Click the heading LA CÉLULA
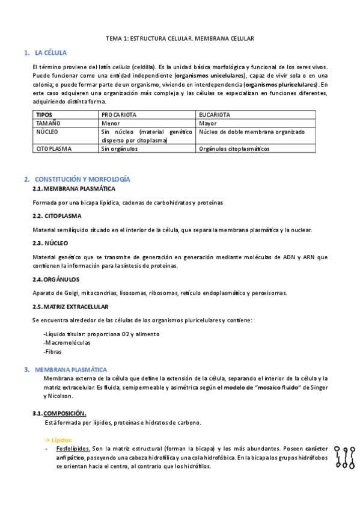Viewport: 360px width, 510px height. click(x=51, y=53)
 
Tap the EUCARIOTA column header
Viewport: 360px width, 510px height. click(x=215, y=114)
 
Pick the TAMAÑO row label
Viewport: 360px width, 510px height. click(x=49, y=123)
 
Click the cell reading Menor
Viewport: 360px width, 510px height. click(x=111, y=123)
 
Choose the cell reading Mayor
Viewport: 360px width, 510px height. click(x=208, y=123)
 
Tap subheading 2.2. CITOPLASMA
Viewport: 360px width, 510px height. click(x=57, y=215)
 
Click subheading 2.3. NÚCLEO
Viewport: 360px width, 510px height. click(x=50, y=243)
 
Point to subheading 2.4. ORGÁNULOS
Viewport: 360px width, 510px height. click(x=56, y=279)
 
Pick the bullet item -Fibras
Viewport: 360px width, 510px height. click(x=53, y=351)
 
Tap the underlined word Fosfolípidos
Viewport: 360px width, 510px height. click(x=73, y=449)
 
